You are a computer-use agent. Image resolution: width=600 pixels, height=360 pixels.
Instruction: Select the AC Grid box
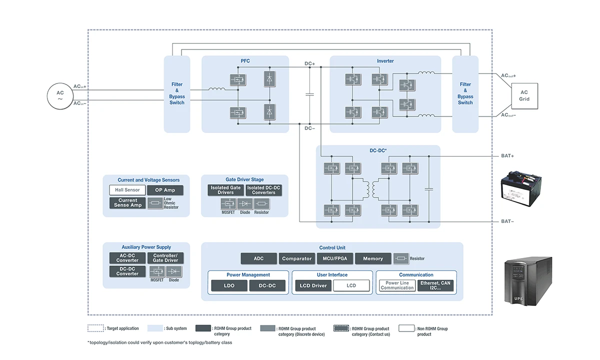coord(524,96)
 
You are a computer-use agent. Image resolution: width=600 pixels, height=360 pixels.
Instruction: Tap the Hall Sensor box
coord(127,190)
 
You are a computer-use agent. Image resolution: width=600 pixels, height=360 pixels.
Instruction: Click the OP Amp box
coord(165,190)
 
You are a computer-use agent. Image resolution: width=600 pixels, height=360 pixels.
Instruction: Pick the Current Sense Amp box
coord(127,202)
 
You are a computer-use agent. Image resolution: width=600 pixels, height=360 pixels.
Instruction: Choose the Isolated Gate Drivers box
coord(225,190)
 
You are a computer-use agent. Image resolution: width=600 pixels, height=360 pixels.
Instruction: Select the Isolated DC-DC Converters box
coord(264,190)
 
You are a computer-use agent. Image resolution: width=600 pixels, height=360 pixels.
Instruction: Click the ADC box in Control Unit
coord(258,258)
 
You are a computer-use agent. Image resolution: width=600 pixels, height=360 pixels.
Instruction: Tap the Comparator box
coord(297,258)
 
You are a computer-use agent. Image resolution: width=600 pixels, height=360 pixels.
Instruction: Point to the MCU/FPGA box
coord(335,258)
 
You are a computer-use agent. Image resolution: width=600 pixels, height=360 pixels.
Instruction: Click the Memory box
coord(373,258)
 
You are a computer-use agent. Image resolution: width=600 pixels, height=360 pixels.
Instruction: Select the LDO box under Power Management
coord(229,285)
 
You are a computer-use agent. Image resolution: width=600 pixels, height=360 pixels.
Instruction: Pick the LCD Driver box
coord(313,285)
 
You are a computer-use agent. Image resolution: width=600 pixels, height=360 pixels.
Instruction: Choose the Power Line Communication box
coord(397,285)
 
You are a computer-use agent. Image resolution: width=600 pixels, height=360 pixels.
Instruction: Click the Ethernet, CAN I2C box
coord(435,285)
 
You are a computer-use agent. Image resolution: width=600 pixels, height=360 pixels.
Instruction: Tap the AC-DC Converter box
coord(127,258)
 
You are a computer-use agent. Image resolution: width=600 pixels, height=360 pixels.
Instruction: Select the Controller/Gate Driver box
coord(165,258)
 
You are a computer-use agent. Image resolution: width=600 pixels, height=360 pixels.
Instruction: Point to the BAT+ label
coord(508,156)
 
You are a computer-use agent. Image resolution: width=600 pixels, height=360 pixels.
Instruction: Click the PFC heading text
coord(245,61)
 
